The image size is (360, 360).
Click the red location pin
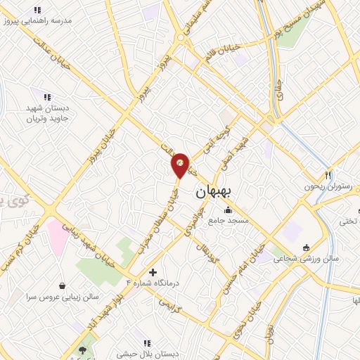180,165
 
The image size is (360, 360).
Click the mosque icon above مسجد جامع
228,210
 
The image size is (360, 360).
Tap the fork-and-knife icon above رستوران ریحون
328,174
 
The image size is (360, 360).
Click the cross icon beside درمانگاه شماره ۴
153,271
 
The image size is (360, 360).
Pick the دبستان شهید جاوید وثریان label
46,113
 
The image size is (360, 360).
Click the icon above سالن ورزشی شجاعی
306,247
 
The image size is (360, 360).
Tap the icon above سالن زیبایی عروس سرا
63,286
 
